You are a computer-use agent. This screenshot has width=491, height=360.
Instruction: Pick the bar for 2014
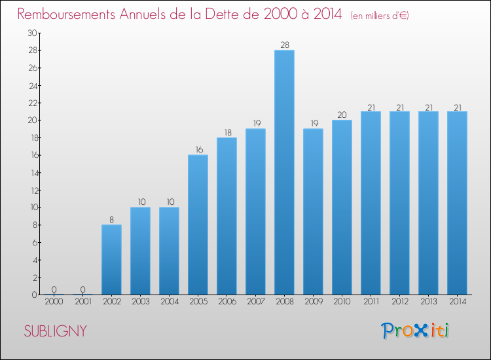(x=457, y=203)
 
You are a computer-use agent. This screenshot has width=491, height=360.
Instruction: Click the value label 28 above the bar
(x=284, y=45)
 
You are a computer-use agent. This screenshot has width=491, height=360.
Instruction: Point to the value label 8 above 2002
(x=111, y=219)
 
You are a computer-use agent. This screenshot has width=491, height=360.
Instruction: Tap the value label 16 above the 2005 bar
(x=198, y=149)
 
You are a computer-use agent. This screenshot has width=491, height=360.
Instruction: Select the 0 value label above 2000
(x=54, y=289)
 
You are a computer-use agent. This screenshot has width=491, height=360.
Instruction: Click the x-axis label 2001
(x=82, y=302)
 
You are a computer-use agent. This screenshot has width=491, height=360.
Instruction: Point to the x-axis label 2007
(x=255, y=302)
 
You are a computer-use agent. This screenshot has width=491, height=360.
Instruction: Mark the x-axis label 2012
(x=399, y=302)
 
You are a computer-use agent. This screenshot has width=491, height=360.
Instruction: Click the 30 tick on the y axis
(x=31, y=33)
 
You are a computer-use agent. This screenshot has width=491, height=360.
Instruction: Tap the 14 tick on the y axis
(x=31, y=173)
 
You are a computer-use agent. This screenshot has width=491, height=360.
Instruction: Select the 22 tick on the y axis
(x=31, y=103)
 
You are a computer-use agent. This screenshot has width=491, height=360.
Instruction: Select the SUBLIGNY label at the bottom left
(x=55, y=331)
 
